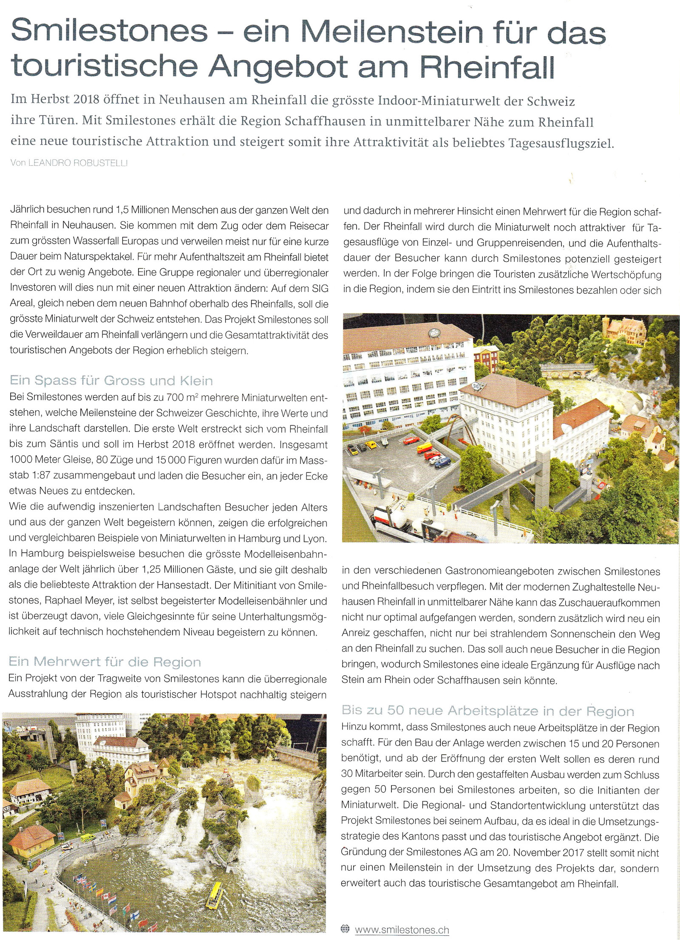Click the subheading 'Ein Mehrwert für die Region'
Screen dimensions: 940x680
[x=105, y=662]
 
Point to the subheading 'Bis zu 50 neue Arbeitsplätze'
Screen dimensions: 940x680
[x=487, y=711]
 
